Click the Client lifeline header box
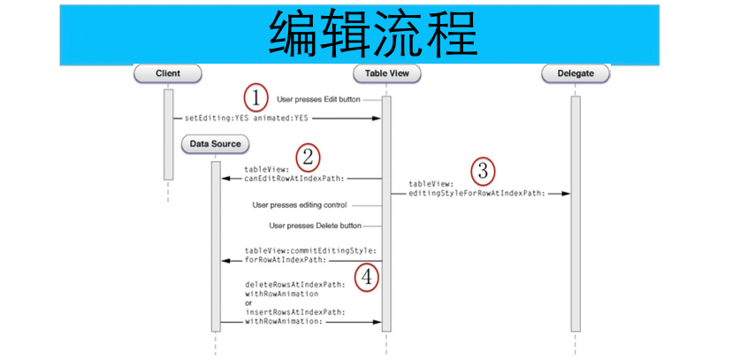168,73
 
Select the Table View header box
387,73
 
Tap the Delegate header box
575,73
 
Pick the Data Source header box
215,144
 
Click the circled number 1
255,98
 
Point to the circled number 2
308,157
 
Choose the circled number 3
483,172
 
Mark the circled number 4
367,278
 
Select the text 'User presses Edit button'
318,100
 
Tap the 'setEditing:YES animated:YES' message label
247,118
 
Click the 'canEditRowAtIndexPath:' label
294,179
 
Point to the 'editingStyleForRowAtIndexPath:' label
477,193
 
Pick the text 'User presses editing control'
300,205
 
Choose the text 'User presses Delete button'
316,226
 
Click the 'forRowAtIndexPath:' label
286,260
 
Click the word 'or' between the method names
248,303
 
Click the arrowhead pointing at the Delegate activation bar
566,194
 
